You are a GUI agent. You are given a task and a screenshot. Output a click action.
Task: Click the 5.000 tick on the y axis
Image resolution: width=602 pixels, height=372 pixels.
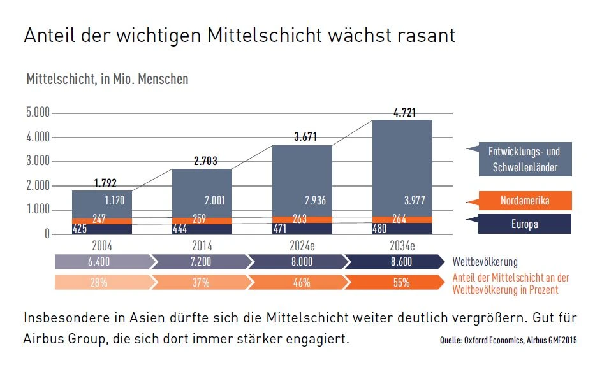point(38,113)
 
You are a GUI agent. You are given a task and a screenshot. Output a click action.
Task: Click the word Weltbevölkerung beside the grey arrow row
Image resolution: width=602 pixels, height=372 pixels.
point(485,262)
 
